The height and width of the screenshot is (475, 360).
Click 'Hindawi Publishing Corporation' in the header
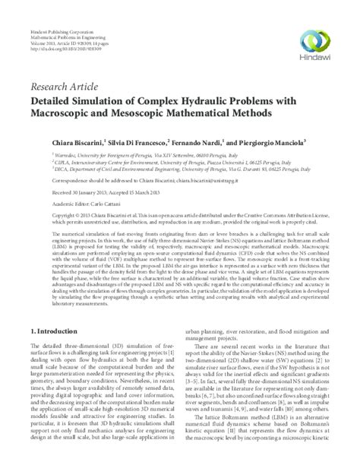click(55, 14)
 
